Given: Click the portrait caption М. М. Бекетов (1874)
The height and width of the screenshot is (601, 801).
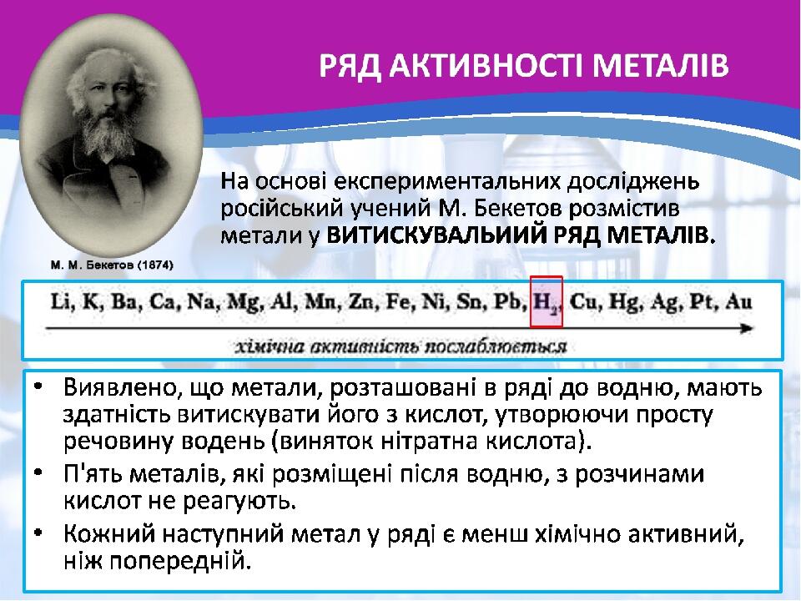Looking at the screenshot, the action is (x=112, y=265).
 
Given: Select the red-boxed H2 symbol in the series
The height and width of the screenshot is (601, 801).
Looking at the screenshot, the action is (x=546, y=302).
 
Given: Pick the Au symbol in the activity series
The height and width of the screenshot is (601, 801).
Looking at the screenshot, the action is (x=738, y=301).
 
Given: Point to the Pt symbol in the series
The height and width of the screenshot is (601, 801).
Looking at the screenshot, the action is (x=703, y=301).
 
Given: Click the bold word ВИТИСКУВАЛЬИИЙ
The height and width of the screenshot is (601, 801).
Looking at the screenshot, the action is (x=437, y=235).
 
